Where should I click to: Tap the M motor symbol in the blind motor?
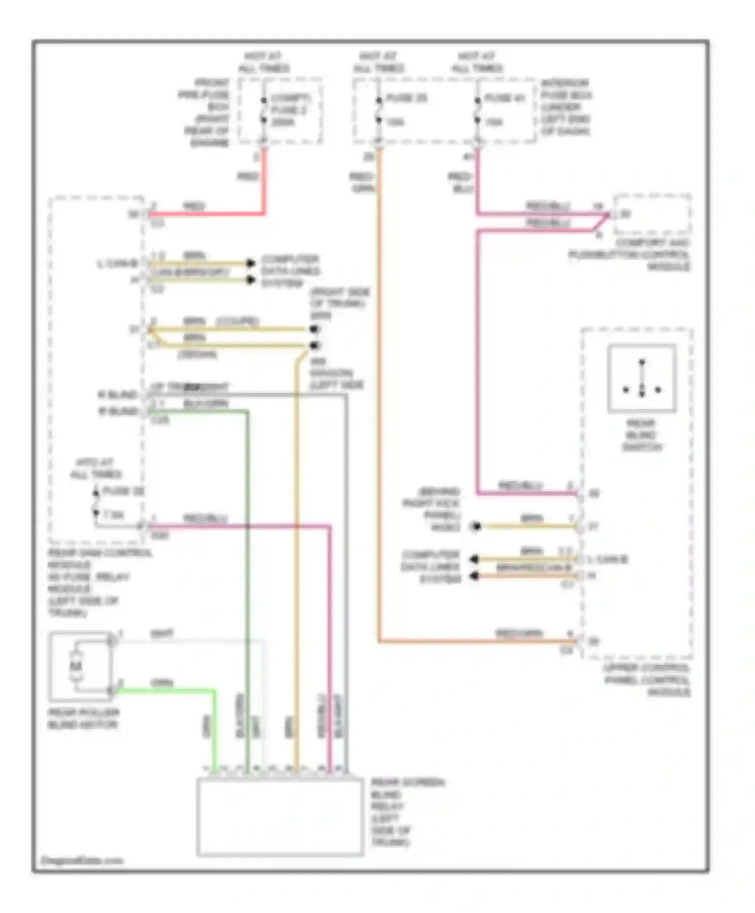(x=76, y=666)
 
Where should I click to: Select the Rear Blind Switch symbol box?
(x=642, y=378)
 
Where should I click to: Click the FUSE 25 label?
(x=407, y=98)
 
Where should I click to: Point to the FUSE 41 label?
(x=505, y=98)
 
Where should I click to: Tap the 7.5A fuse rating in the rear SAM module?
(x=114, y=515)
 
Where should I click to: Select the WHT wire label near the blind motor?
(x=162, y=634)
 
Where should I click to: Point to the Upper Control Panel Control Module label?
(x=647, y=680)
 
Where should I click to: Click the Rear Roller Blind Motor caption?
(x=84, y=718)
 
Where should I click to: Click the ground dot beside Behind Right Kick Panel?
(x=475, y=526)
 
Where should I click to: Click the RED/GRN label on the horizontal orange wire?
(x=518, y=634)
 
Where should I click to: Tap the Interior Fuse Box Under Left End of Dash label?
(x=566, y=107)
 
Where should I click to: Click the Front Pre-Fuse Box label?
(x=205, y=112)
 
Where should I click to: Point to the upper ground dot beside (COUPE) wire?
(x=315, y=329)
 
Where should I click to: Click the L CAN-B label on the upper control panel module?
(x=608, y=559)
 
